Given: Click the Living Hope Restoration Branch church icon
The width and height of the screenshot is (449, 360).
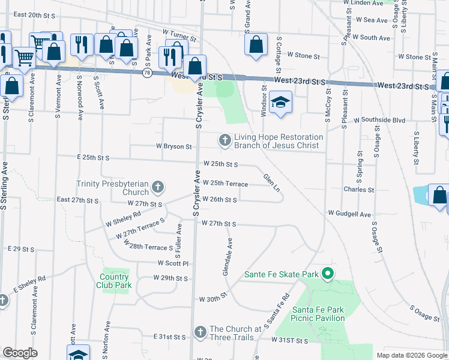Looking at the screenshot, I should tap(225, 140).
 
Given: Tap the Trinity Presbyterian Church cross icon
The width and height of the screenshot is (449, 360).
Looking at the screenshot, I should tap(158, 188).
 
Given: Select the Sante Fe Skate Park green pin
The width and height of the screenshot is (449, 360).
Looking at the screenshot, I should tap(327, 275).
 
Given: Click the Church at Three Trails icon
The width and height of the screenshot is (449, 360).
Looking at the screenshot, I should tap(200, 332).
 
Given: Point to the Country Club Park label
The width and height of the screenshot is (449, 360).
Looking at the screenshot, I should tap(114, 281).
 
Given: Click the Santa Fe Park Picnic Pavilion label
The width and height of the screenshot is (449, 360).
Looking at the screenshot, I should tap(318, 314).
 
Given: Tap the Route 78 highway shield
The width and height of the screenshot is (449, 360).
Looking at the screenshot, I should tap(148, 73).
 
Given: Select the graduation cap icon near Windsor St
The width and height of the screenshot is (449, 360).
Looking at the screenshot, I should tap(280, 103).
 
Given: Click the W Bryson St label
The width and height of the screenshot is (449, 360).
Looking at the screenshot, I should tap(173, 146).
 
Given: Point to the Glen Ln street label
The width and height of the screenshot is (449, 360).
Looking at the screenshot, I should tap(271, 182).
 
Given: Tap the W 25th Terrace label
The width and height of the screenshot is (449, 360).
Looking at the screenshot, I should tap(225, 183).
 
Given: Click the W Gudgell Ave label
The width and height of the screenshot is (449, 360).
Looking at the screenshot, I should tap(349, 214).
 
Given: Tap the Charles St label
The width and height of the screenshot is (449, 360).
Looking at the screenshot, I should tap(359, 189).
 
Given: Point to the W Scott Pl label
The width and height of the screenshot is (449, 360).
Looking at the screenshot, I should tap(173, 263).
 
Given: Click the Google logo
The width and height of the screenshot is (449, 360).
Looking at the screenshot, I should tap(20, 353).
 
